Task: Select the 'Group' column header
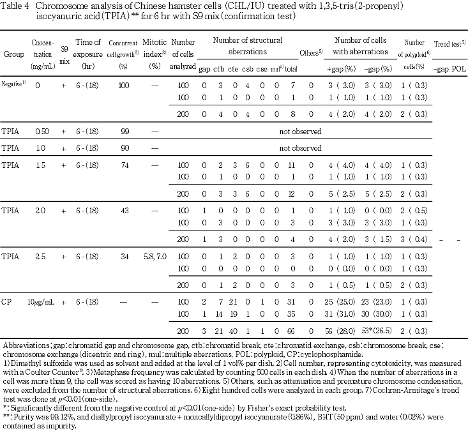[x=13, y=55]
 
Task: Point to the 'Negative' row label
[x=13, y=84]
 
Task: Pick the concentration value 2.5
[x=43, y=256]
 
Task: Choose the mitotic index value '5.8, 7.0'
[x=153, y=256]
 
